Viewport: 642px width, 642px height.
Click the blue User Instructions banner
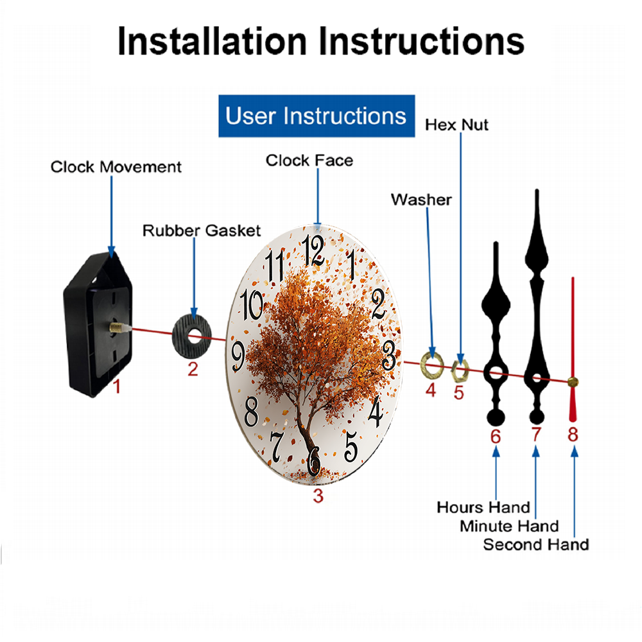pyautogui.click(x=317, y=116)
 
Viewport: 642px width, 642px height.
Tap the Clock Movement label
pyautogui.click(x=116, y=167)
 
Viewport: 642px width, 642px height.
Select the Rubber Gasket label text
pyautogui.click(x=202, y=230)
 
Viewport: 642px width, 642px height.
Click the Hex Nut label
pyautogui.click(x=456, y=125)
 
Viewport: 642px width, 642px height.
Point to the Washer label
pyautogui.click(x=421, y=200)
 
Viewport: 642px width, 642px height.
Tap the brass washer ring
pyautogui.click(x=432, y=365)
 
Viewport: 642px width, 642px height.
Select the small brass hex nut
pyautogui.click(x=460, y=371)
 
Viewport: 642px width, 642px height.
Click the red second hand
pyautogui.click(x=573, y=349)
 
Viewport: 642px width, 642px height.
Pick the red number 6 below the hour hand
pyautogui.click(x=496, y=437)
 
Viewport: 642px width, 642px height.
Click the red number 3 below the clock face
pyautogui.click(x=318, y=496)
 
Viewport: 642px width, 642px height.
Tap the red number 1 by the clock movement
pyautogui.click(x=117, y=386)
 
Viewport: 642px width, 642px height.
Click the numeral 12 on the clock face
pyautogui.click(x=313, y=250)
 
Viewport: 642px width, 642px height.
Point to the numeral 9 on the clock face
pyautogui.click(x=238, y=356)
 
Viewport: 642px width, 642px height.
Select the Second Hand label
pyautogui.click(x=536, y=545)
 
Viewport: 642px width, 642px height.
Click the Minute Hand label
pyautogui.click(x=509, y=526)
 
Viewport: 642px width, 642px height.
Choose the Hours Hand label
pyautogui.click(x=483, y=508)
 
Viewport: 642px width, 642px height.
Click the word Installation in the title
pyautogui.click(x=212, y=41)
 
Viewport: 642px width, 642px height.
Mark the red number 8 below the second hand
pyautogui.click(x=573, y=435)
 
